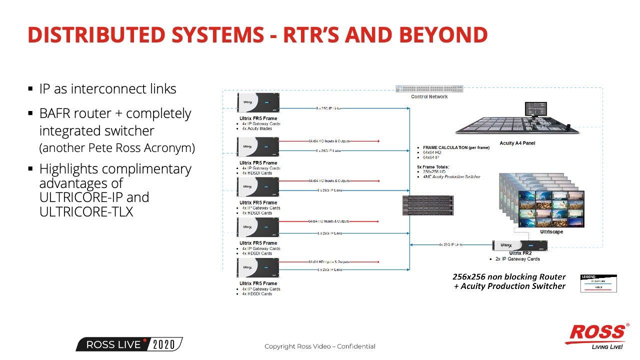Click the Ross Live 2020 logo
click(x=129, y=344)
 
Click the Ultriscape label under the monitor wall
click(x=551, y=232)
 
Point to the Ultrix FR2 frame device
click(x=520, y=245)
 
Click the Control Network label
click(x=429, y=96)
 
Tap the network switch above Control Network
click(x=429, y=89)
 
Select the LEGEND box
click(x=598, y=283)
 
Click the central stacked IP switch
click(x=428, y=205)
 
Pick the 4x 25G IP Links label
click(x=451, y=244)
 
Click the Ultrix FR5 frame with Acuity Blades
click(x=258, y=103)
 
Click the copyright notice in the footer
click(x=320, y=346)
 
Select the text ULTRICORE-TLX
click(x=86, y=211)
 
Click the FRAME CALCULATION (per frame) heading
click(x=456, y=148)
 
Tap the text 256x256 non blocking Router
click(x=509, y=276)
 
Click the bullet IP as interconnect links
click(x=107, y=89)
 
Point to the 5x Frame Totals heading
click(x=433, y=166)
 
